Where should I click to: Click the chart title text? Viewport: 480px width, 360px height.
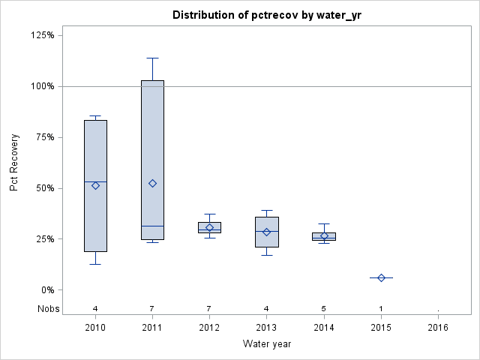[x=266, y=15]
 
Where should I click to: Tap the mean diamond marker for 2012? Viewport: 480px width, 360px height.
[x=210, y=227]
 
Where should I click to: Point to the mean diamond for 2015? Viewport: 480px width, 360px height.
[x=381, y=277]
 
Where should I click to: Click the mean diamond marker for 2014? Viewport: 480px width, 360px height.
[x=324, y=235]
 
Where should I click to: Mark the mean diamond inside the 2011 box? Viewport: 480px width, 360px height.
[x=152, y=183]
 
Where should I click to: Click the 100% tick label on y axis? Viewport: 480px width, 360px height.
[x=43, y=86]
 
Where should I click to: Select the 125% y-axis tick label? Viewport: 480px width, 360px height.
[x=43, y=35]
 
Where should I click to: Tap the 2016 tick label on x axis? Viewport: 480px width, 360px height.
[x=438, y=328]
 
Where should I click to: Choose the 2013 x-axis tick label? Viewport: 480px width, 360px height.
[x=267, y=328]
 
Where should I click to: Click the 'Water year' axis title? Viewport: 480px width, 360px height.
[x=267, y=344]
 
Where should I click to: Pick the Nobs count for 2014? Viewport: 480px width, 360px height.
[x=324, y=308]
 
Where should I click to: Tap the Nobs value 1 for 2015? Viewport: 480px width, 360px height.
[x=381, y=308]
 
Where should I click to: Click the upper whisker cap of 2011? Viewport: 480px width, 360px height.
[x=152, y=58]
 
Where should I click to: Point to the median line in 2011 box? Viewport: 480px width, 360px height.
[x=152, y=226]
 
